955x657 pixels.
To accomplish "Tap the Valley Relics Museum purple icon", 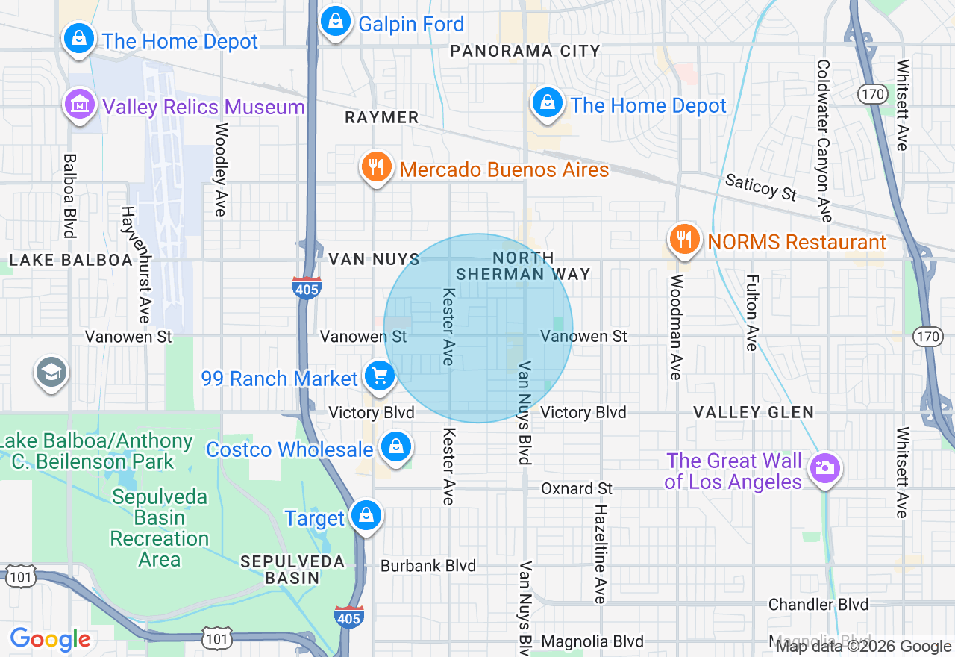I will click(80, 105).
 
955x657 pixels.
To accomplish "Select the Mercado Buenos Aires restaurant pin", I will click(377, 167).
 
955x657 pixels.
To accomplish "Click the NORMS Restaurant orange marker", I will click(683, 240).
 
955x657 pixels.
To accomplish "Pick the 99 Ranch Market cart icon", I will click(380, 376).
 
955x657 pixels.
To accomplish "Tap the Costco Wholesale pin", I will click(396, 447).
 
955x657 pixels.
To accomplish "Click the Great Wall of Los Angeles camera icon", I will click(824, 469).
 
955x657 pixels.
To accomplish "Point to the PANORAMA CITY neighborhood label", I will click(525, 51).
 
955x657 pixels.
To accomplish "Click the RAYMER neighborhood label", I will click(382, 117).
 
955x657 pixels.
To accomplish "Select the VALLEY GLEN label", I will click(754, 412).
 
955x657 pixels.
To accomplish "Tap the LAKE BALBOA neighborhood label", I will click(70, 260).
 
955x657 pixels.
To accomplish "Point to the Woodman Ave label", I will click(677, 327).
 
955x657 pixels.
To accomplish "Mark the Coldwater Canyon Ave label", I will click(823, 141).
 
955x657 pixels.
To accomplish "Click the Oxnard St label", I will click(577, 488).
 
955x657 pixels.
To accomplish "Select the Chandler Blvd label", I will click(818, 604).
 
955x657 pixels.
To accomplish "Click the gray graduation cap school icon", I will click(51, 373).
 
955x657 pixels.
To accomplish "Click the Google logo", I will click(51, 639).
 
